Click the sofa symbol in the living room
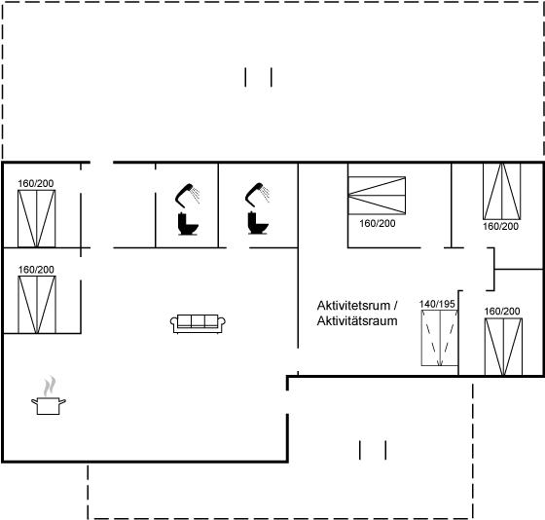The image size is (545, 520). pos(198,324)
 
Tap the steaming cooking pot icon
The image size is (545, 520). pos(49,395)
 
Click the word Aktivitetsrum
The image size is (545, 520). pos(353,306)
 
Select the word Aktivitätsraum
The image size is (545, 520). pos(357,320)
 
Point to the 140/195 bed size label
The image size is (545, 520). pos(437,304)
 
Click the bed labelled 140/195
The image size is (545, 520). pos(439,338)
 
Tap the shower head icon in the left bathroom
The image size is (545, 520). pos(188,195)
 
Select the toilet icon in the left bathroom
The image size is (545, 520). pos(188,224)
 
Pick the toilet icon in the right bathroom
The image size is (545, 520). pos(258,223)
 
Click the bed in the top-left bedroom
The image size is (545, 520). pos(37,218)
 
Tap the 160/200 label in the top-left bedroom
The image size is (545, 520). pos(36,183)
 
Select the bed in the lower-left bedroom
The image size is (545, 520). pos(37,305)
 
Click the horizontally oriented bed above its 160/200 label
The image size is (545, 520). pos(377,196)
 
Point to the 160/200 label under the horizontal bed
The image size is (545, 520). pos(378,223)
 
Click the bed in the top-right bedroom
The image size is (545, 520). pos(502,191)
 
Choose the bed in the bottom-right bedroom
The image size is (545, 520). pos(503,347)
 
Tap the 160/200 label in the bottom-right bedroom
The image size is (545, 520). pos(502,312)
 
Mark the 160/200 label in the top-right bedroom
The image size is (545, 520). pos(500,227)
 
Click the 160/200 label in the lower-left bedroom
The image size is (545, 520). pos(36,270)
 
